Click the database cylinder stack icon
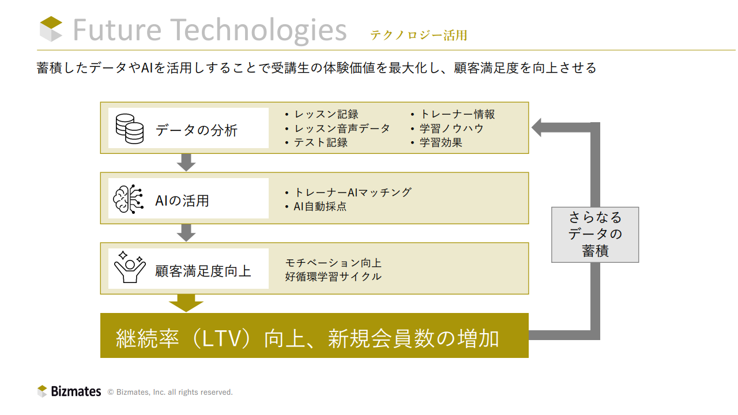pyautogui.click(x=130, y=129)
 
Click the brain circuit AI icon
pyautogui.click(x=128, y=199)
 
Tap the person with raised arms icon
pyautogui.click(x=130, y=267)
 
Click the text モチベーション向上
pyautogui.click(x=333, y=263)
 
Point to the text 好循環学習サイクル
pyautogui.click(x=333, y=277)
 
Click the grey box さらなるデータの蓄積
pyautogui.click(x=595, y=235)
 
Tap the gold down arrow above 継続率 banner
pyautogui.click(x=186, y=303)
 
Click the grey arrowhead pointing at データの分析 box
pyautogui.click(x=538, y=127)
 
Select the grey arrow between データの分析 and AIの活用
pyautogui.click(x=186, y=163)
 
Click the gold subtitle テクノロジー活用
pyautogui.click(x=419, y=35)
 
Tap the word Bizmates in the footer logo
pyautogui.click(x=76, y=391)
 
